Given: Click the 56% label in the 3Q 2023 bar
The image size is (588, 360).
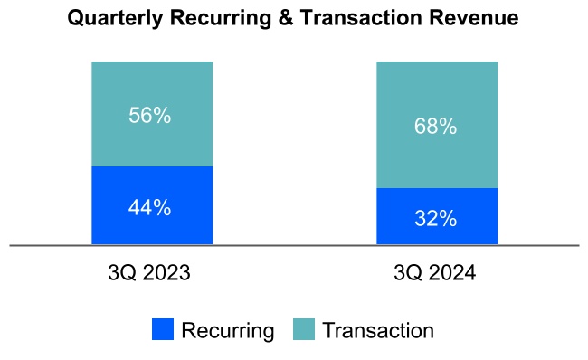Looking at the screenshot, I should [x=149, y=116].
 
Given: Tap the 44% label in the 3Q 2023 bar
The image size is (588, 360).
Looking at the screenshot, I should [x=149, y=207].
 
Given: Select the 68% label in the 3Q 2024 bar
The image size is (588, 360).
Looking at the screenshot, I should [x=436, y=127].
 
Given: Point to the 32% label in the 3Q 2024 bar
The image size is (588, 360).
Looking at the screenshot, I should [x=436, y=218].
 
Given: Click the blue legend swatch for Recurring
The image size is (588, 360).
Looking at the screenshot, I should [x=163, y=330].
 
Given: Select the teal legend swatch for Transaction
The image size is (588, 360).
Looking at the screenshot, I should [x=305, y=330].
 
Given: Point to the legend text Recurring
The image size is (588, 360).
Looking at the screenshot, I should [x=227, y=331].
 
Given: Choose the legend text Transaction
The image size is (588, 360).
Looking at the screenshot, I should [x=378, y=331].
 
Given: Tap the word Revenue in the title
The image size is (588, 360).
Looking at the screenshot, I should [x=478, y=18].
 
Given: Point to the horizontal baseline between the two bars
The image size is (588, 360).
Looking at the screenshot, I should [x=294, y=245].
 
